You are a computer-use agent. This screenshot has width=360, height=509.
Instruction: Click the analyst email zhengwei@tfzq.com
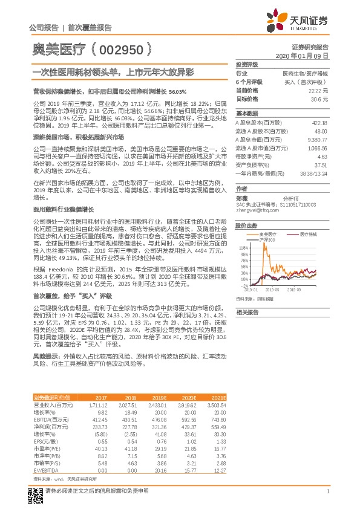point(254,210)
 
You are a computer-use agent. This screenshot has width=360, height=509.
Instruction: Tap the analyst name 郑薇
point(243,198)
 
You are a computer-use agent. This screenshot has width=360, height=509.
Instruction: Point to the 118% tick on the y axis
point(243,247)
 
